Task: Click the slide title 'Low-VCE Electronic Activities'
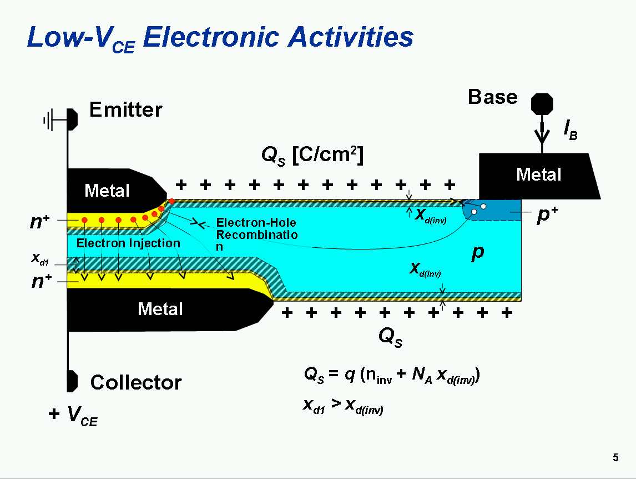click(220, 38)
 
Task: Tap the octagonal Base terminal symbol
click(542, 104)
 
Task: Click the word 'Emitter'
click(125, 110)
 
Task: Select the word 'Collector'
click(135, 382)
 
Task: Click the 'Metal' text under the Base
click(538, 175)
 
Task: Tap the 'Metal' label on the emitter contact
click(107, 191)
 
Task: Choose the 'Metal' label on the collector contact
click(160, 309)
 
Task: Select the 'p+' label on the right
click(547, 216)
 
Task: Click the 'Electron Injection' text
click(128, 243)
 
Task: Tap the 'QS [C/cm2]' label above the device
click(312, 157)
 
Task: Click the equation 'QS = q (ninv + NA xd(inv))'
click(391, 376)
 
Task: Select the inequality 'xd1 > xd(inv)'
click(343, 406)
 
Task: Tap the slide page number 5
click(615, 458)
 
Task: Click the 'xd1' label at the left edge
click(40, 259)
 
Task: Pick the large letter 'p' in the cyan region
click(477, 253)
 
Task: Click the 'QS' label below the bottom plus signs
click(390, 336)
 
